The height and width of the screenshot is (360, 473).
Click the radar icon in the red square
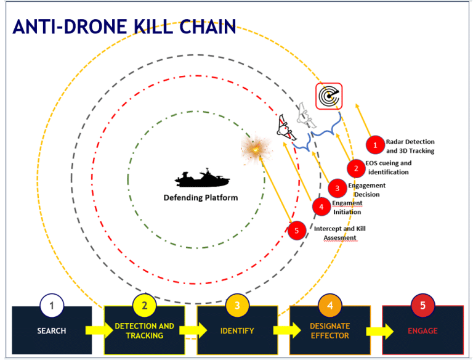[x=329, y=96]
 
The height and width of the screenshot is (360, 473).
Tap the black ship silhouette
[x=202, y=178]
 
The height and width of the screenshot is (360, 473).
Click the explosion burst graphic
[x=256, y=149]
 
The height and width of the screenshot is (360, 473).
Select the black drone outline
[x=286, y=128]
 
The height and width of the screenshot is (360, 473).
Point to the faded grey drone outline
[x=306, y=115]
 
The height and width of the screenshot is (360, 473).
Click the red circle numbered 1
[x=375, y=145]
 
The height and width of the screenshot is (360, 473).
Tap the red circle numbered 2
[x=356, y=168]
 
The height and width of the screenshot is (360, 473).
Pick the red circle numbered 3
[x=338, y=188]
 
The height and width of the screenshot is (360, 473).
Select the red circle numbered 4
[x=321, y=207]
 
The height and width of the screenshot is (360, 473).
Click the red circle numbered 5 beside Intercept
[x=296, y=231]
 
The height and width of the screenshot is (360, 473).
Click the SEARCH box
[x=52, y=330]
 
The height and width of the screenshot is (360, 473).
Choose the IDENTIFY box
[x=237, y=330]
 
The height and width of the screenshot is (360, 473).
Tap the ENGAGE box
[x=422, y=330]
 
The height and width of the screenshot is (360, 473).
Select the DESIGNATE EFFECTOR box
[x=330, y=330]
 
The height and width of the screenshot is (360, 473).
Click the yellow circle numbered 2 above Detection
[x=145, y=305]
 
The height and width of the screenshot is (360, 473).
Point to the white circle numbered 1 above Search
[x=52, y=305]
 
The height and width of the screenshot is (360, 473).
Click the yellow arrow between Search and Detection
[x=99, y=330]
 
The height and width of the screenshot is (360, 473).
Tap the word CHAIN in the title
[x=208, y=27]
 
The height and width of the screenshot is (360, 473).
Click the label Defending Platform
[x=201, y=197]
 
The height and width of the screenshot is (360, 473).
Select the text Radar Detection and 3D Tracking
[x=410, y=146]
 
